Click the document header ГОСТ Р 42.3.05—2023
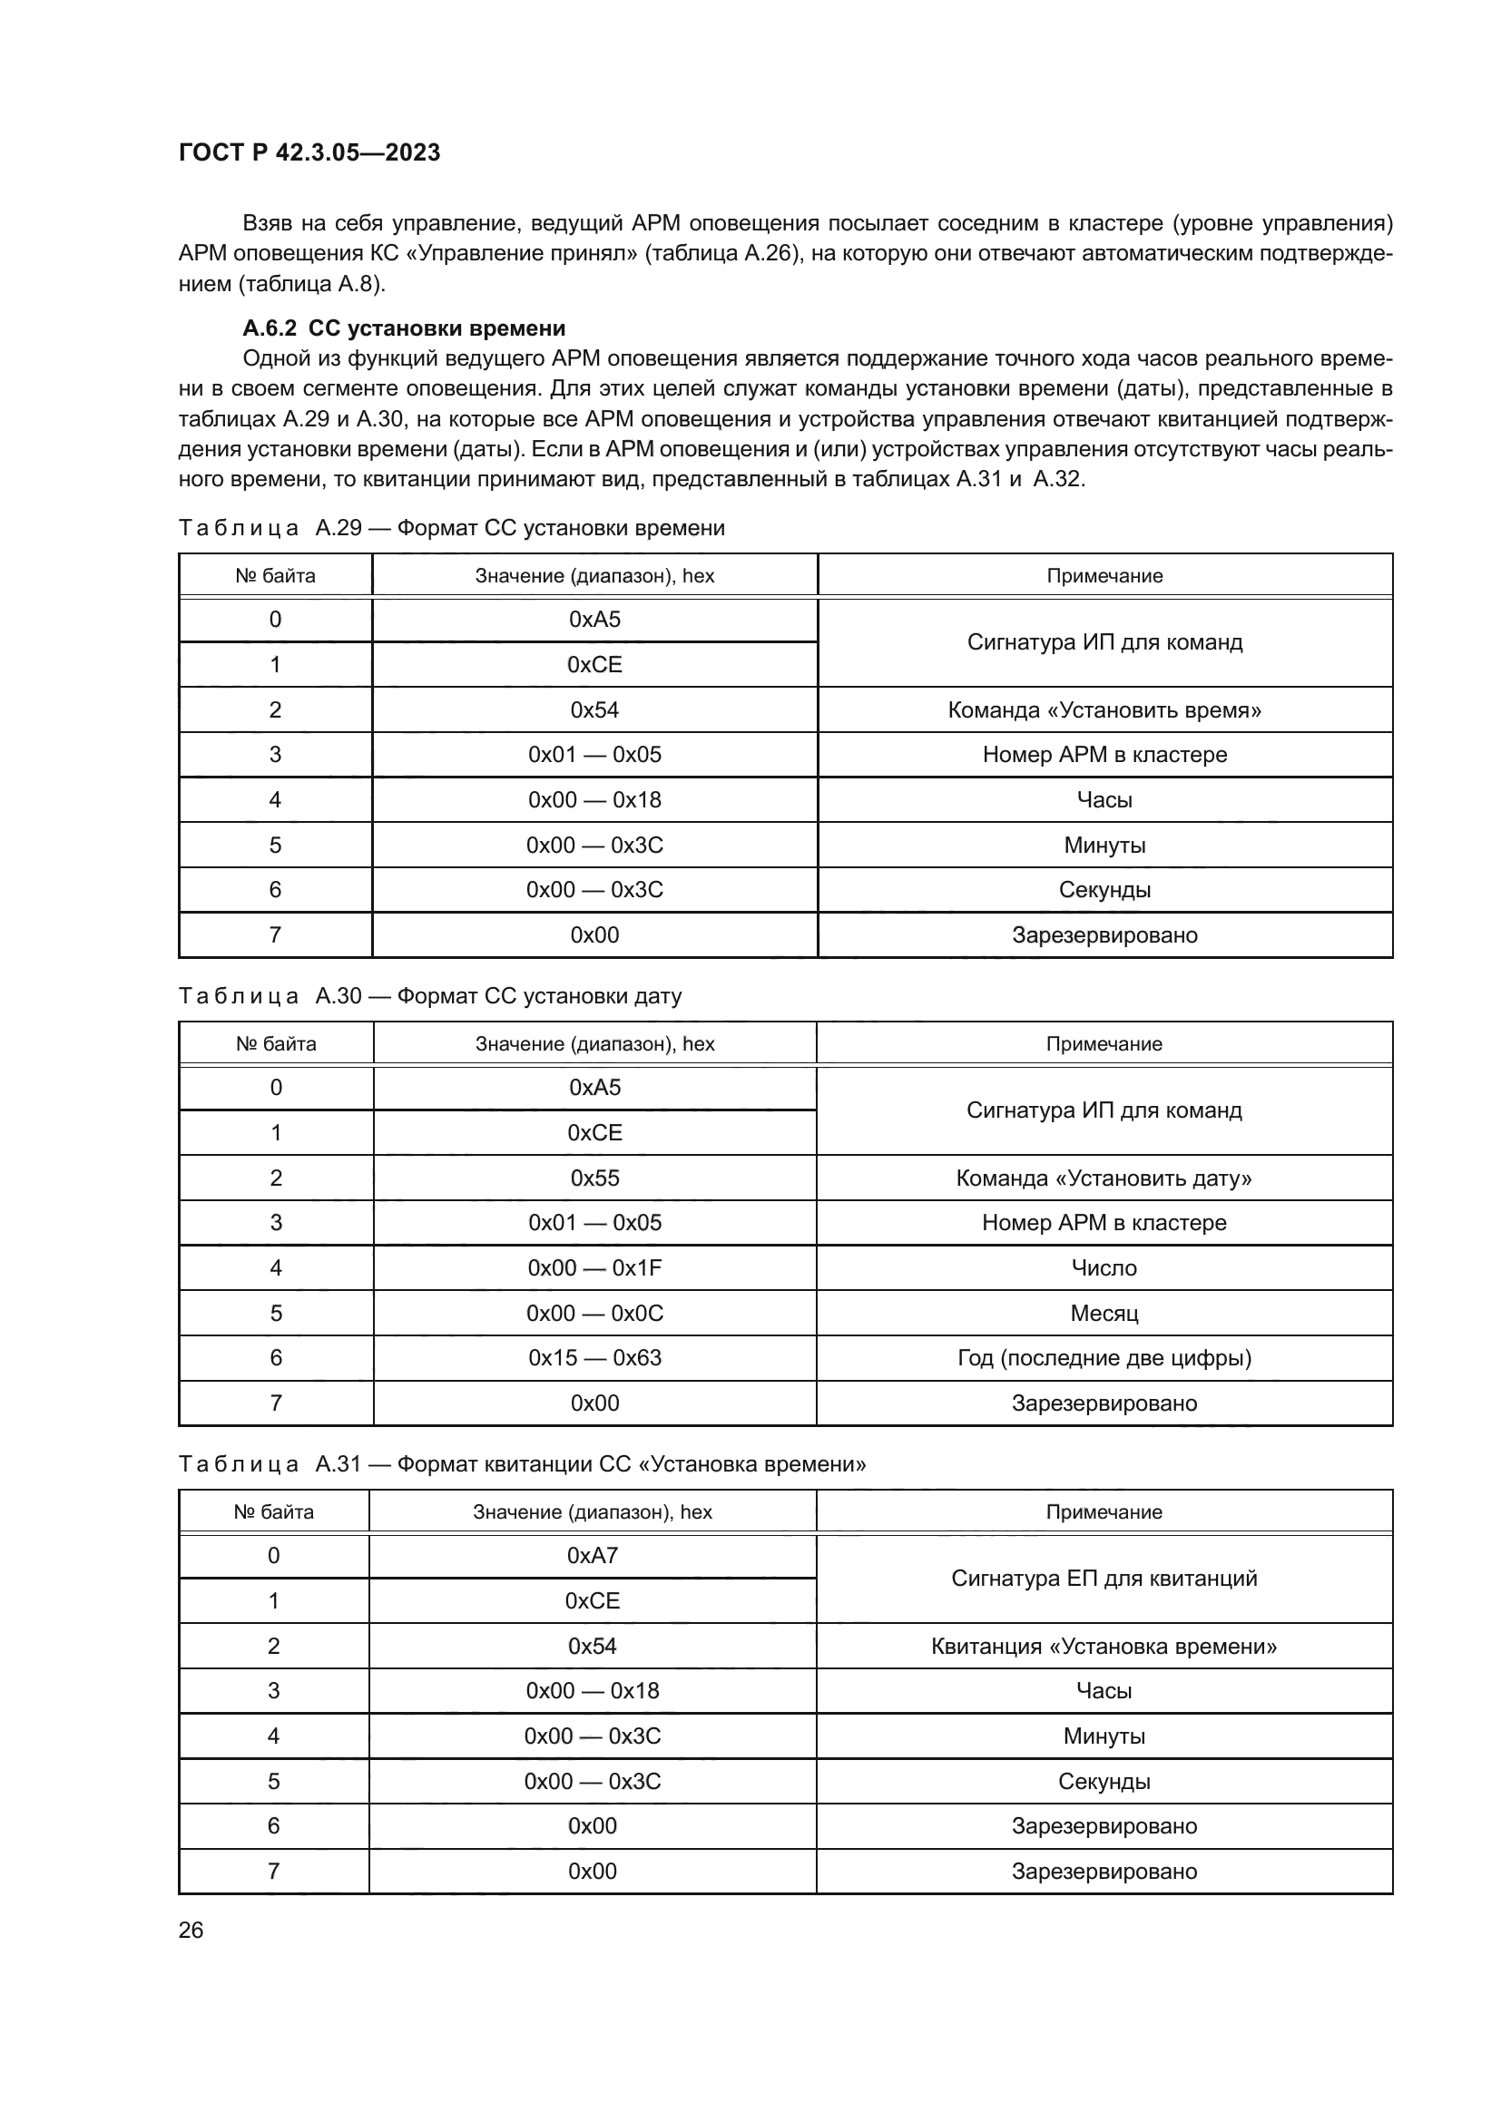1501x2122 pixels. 309,152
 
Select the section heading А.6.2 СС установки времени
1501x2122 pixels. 404,328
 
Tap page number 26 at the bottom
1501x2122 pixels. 191,1930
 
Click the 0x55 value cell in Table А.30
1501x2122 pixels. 594,1178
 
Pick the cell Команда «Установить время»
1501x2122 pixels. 1104,709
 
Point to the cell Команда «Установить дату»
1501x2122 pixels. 1104,1178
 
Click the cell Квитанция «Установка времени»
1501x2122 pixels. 1104,1646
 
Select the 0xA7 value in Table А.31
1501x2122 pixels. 593,1556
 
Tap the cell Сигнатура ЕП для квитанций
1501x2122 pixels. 1104,1578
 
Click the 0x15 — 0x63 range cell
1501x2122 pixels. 594,1358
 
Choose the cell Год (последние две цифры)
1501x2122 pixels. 1104,1358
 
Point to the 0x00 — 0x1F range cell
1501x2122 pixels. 594,1268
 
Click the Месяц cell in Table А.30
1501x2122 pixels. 1104,1314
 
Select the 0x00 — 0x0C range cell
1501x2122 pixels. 594,1314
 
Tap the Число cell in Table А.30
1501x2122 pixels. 1104,1268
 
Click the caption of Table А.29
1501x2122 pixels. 451,528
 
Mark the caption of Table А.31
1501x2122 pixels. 521,1464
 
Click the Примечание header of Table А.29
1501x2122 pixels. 1104,576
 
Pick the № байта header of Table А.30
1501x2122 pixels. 276,1043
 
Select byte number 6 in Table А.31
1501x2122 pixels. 273,1825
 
